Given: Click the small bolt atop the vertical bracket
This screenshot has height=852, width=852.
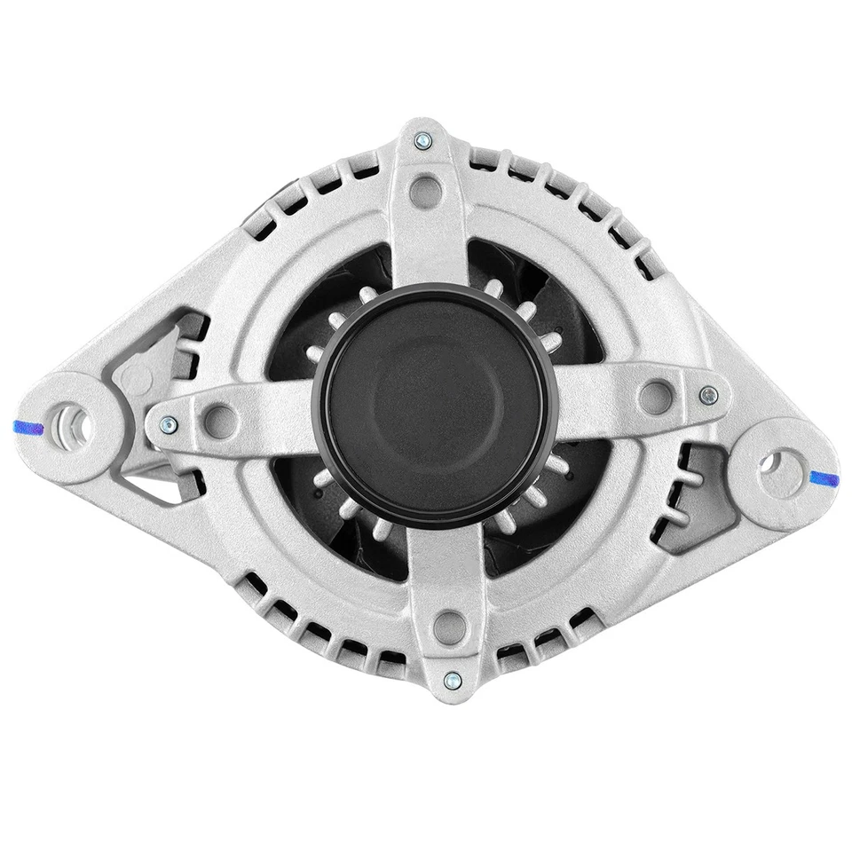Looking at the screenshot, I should click(x=422, y=139).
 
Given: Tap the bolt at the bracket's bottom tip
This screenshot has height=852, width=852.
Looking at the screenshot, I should click(x=450, y=681).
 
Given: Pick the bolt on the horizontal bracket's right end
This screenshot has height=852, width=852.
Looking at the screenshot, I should click(x=707, y=395).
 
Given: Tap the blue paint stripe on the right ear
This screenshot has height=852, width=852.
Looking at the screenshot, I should click(x=824, y=477).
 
